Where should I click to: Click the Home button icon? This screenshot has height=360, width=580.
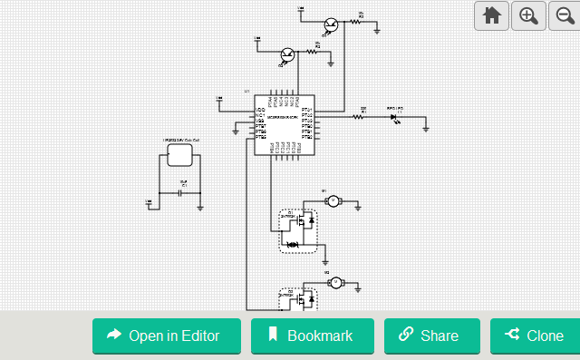[x=492, y=15]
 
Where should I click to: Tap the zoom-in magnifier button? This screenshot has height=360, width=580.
[x=529, y=15]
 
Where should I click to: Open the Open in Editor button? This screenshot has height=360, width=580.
[x=167, y=336]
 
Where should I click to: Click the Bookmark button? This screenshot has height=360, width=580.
[x=312, y=336]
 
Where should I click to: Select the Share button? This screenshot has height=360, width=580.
[x=431, y=336]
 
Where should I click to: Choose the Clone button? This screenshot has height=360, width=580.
[x=535, y=336]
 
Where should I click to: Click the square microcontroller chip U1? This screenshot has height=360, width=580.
[x=284, y=124]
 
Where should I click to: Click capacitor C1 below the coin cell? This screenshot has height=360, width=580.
[x=181, y=193]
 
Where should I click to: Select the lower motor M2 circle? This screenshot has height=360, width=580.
[x=334, y=282]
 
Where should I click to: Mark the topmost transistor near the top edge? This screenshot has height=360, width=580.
[x=333, y=24]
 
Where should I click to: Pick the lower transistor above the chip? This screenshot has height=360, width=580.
[x=288, y=55]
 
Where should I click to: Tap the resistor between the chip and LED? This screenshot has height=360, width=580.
[x=362, y=116]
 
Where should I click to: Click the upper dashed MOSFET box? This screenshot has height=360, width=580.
[x=298, y=230]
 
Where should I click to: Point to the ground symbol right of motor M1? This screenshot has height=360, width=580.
[x=359, y=208]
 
